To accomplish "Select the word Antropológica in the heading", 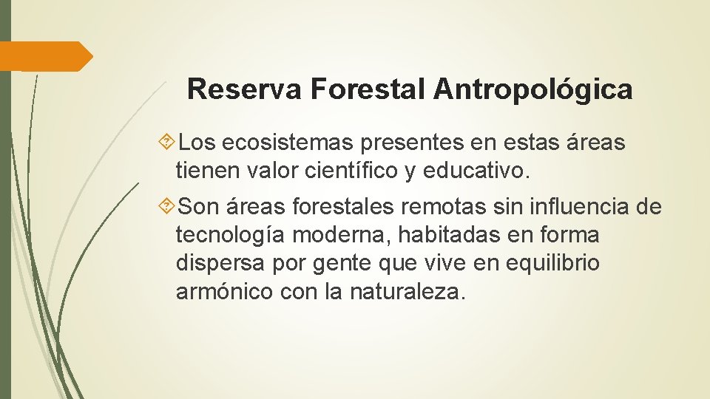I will (532, 89).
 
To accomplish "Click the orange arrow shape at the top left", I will (46, 56).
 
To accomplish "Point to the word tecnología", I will (231, 236).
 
